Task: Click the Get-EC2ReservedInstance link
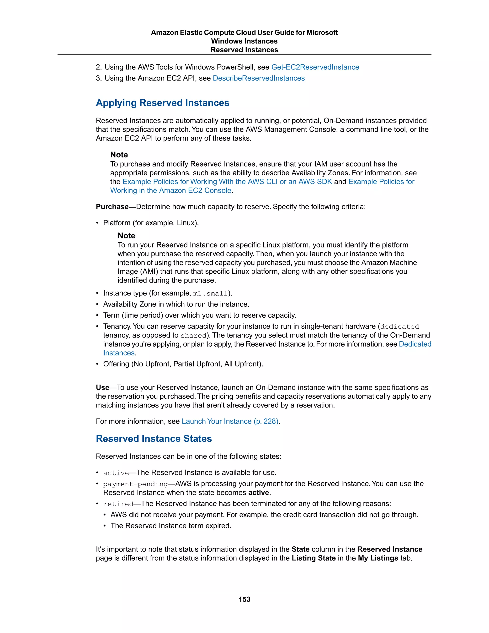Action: (x=315, y=67)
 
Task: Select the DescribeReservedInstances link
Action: (x=258, y=78)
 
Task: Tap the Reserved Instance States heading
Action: (x=154, y=439)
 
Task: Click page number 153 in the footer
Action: (x=244, y=599)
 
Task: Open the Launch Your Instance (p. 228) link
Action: (x=230, y=421)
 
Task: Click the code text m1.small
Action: (x=211, y=294)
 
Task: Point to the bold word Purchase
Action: (x=112, y=207)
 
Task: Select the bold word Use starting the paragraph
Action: (x=102, y=387)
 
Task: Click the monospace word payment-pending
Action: (x=135, y=484)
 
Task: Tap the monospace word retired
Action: (x=118, y=504)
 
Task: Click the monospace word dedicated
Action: (x=399, y=327)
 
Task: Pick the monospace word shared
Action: (x=193, y=336)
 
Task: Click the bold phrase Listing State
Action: (x=314, y=558)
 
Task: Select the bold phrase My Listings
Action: (x=378, y=558)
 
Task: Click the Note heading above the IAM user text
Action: (x=119, y=155)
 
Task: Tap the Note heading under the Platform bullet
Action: (x=126, y=236)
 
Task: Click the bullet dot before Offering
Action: (x=97, y=364)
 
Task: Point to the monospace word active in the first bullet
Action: (x=116, y=473)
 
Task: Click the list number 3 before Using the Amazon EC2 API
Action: (x=99, y=78)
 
